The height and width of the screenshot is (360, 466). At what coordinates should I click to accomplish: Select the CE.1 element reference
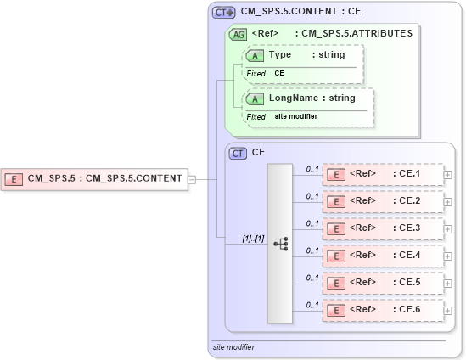click(x=383, y=175)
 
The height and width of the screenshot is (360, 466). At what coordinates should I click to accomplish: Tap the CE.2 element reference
click(x=383, y=202)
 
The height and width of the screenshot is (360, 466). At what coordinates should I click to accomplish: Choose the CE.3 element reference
click(x=383, y=229)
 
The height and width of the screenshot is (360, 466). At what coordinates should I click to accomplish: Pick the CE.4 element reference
click(x=383, y=256)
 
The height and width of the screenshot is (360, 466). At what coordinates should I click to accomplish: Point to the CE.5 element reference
click(x=383, y=283)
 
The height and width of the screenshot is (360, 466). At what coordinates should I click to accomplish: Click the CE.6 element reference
click(x=383, y=310)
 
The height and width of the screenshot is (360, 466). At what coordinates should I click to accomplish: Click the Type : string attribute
click(x=304, y=55)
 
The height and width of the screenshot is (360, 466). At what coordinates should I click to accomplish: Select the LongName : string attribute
click(x=309, y=98)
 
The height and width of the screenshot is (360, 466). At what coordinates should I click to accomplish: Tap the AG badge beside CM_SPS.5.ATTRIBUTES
click(x=238, y=34)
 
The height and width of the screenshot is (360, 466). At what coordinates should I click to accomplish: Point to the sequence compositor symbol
click(x=280, y=244)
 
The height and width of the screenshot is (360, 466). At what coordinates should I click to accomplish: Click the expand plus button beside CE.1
click(x=447, y=176)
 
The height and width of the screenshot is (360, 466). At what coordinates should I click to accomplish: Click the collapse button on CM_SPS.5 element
click(x=192, y=179)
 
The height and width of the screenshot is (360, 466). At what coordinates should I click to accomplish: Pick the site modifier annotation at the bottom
click(x=233, y=347)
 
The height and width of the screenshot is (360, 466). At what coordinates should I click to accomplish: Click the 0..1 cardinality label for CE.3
click(x=312, y=223)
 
